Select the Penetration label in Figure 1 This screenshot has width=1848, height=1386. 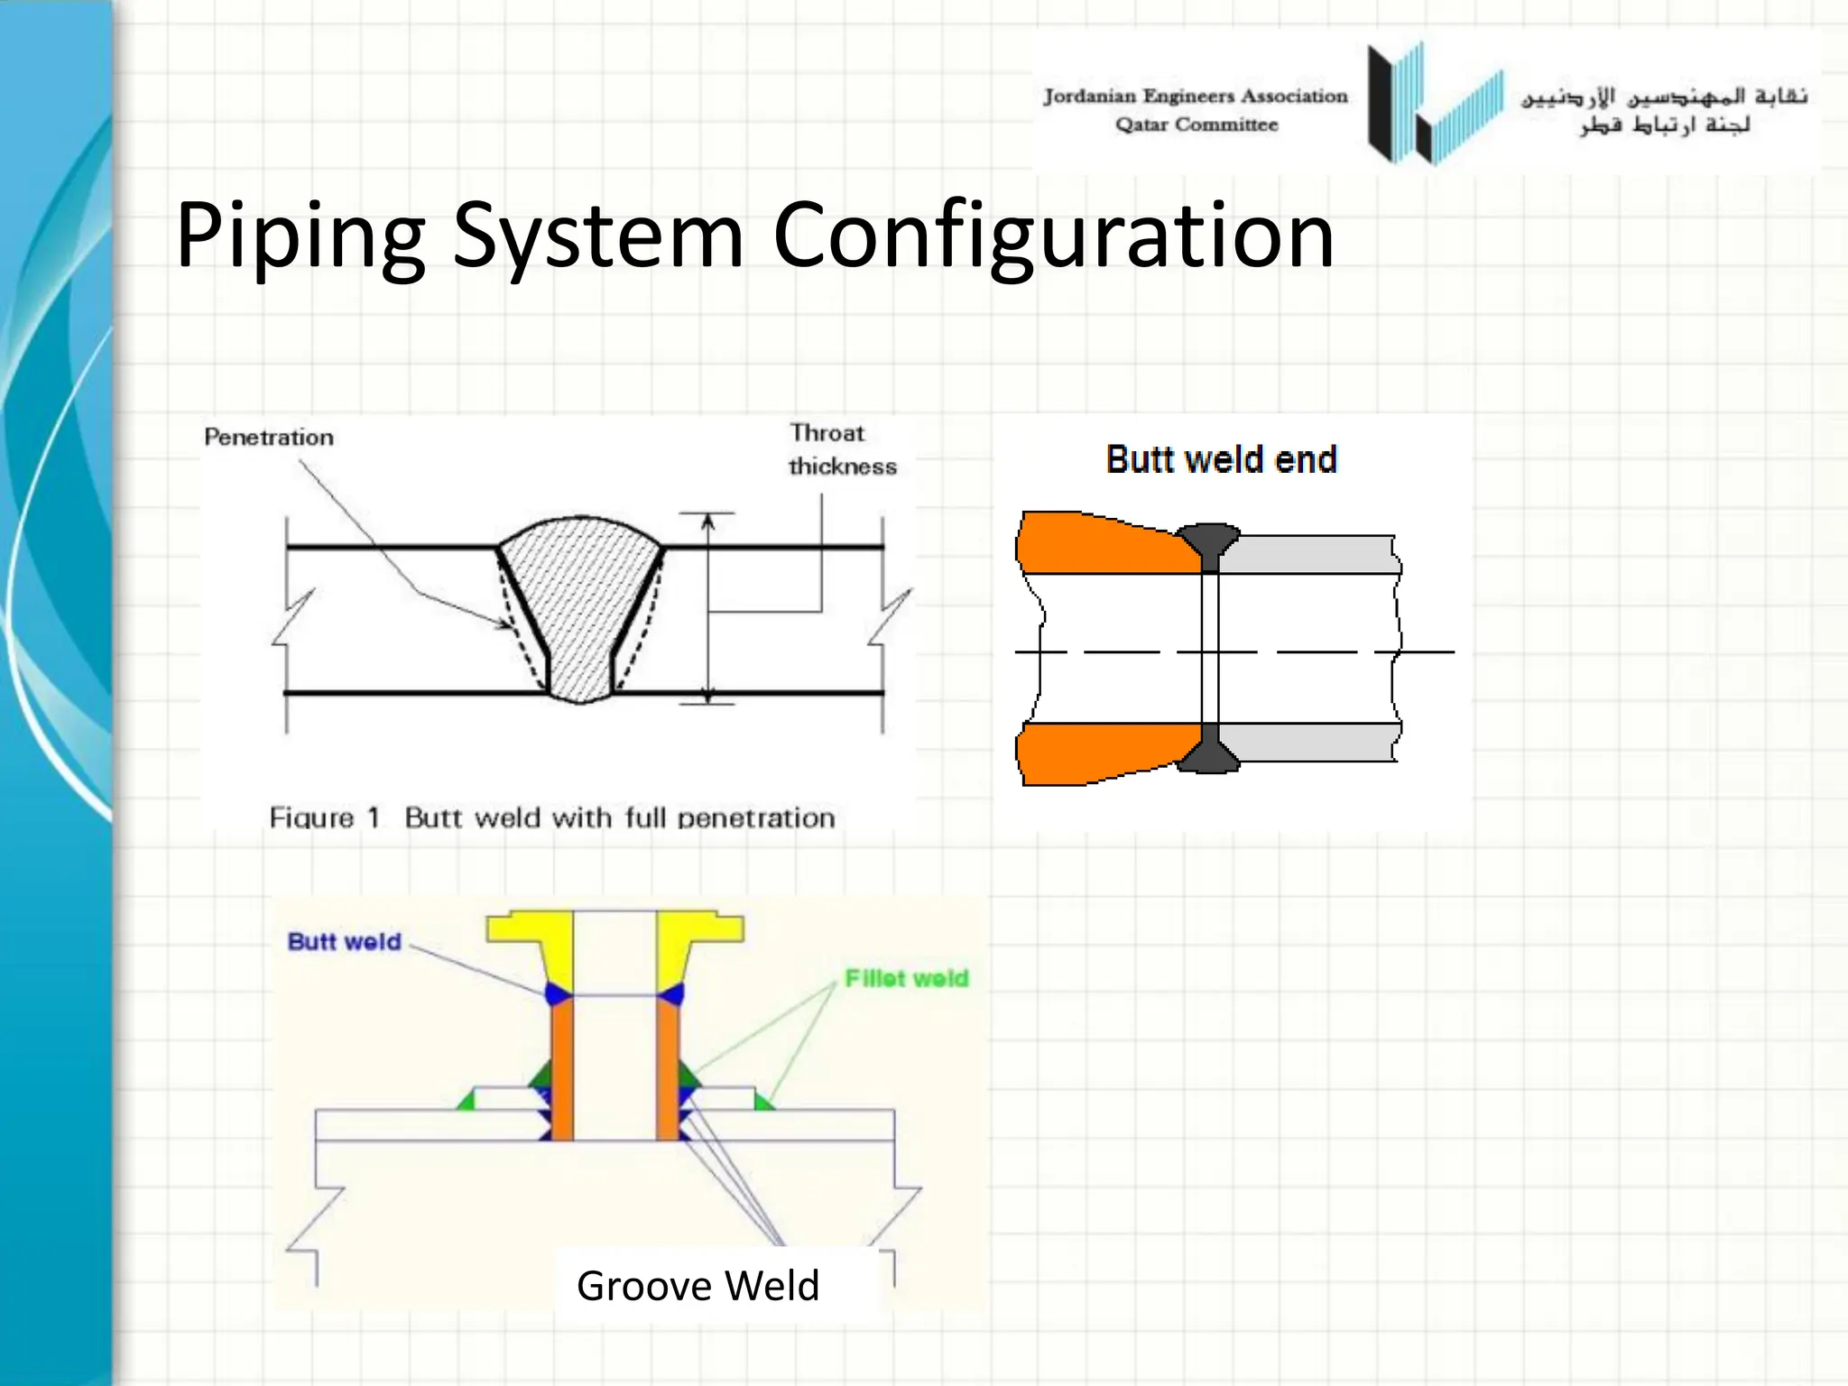[x=269, y=438]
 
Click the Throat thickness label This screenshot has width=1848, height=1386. [x=841, y=449]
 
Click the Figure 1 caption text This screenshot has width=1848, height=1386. [x=552, y=818]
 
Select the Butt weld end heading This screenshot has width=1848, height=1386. [x=1221, y=459]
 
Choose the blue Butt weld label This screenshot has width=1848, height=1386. [x=344, y=942]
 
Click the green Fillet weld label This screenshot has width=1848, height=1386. [x=906, y=978]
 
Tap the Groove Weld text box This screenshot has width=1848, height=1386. [x=698, y=1285]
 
